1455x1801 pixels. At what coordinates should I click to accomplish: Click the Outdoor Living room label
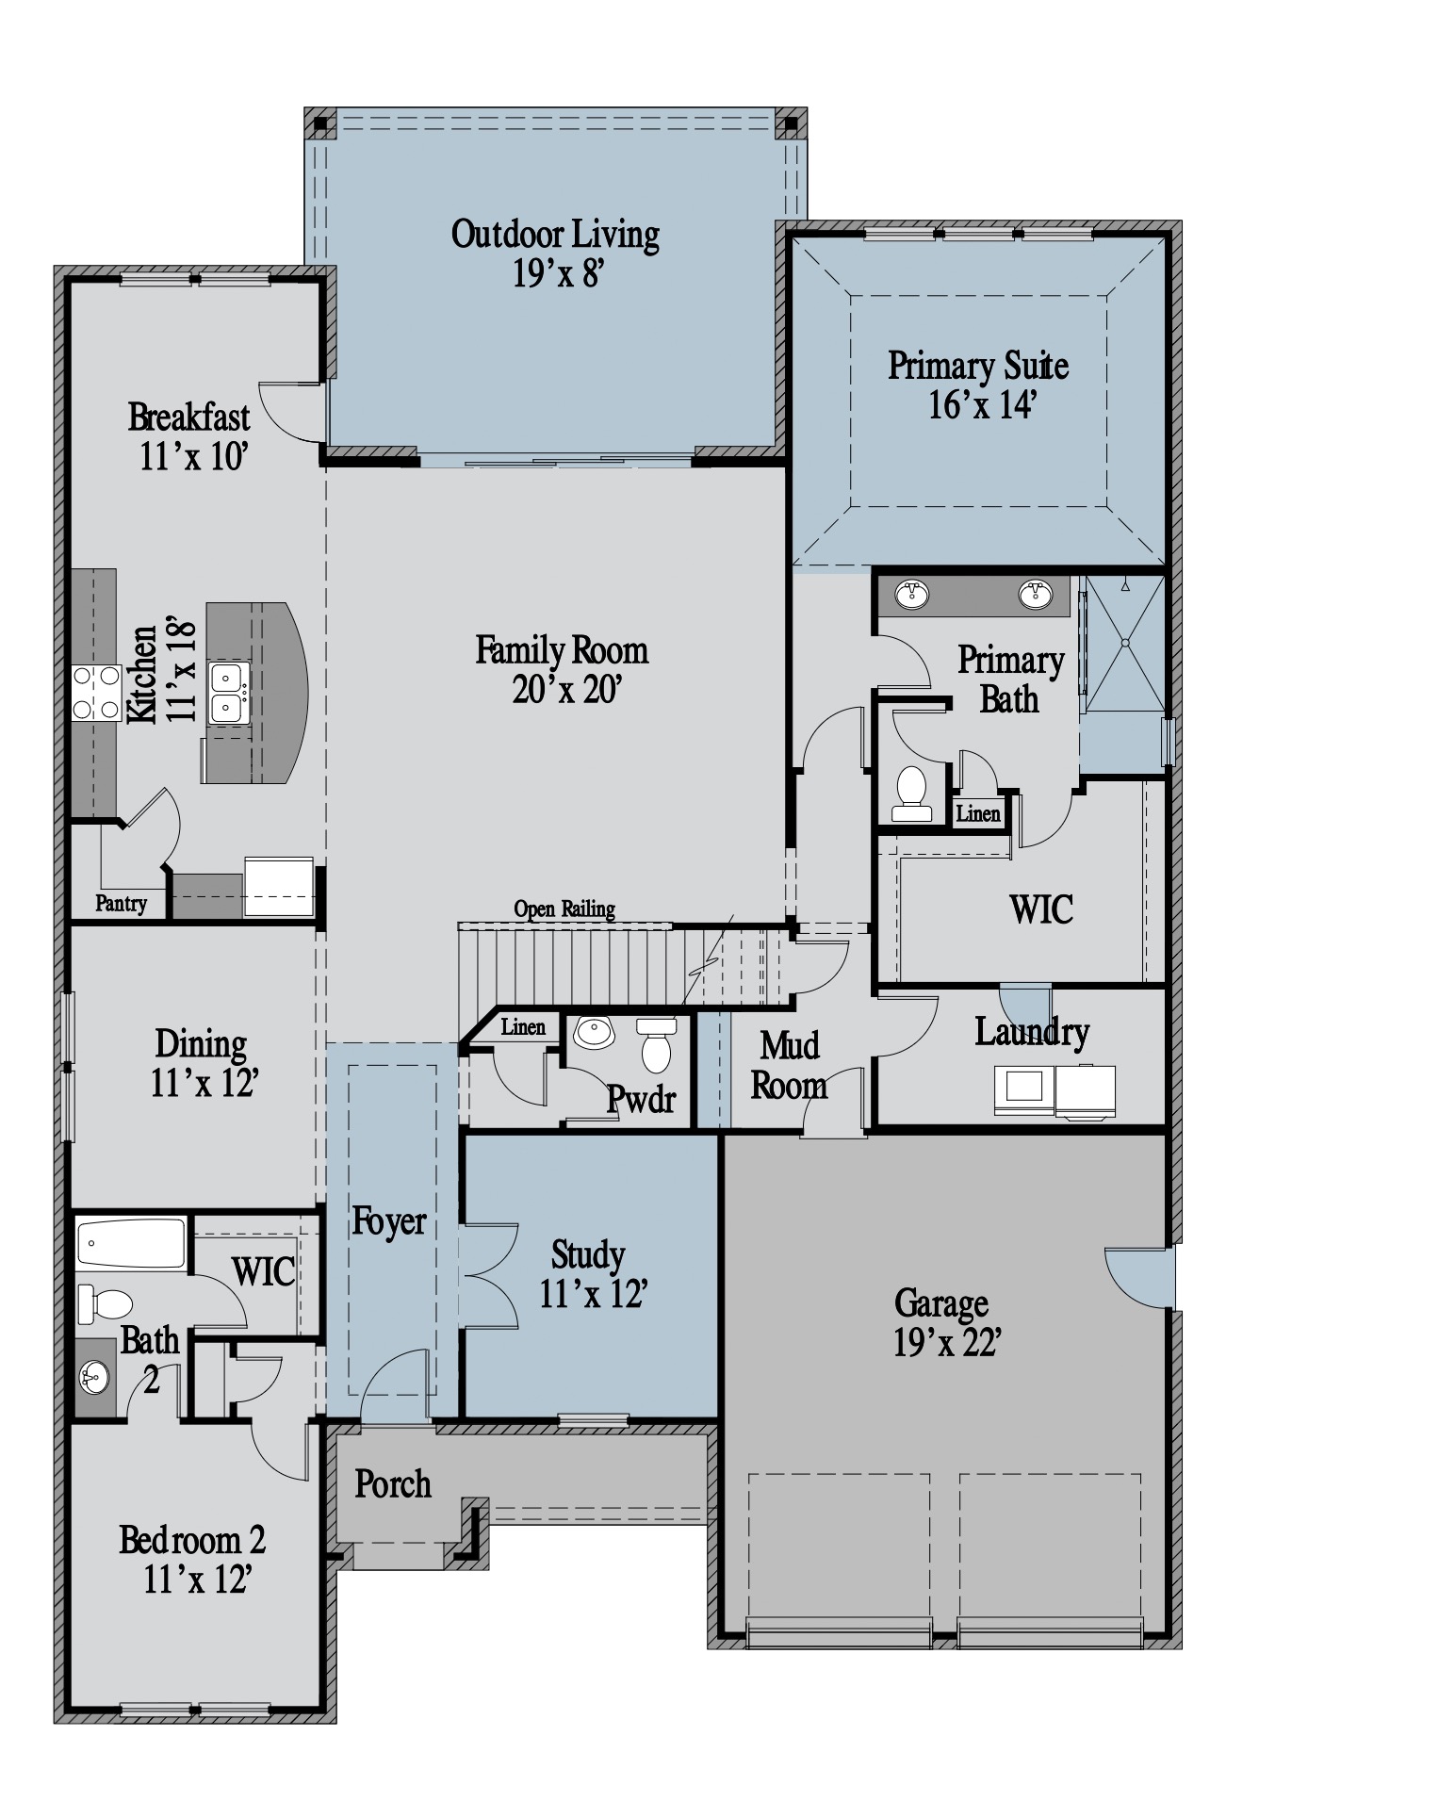click(x=555, y=234)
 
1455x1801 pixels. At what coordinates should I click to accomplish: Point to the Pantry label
click(x=122, y=903)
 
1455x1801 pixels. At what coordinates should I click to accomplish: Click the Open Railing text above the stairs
click(x=564, y=909)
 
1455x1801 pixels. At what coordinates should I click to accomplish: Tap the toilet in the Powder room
click(x=656, y=1045)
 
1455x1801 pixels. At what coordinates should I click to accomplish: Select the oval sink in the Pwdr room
click(x=594, y=1032)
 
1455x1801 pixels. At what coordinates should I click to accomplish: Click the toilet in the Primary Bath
click(x=911, y=794)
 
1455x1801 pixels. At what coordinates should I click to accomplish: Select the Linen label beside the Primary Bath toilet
click(x=978, y=813)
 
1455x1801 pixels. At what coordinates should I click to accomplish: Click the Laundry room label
click(x=1031, y=1032)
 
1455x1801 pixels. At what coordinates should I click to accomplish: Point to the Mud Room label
click(x=789, y=1065)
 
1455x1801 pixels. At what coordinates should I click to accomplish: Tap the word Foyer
click(x=388, y=1221)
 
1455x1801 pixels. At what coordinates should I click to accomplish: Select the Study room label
click(x=588, y=1254)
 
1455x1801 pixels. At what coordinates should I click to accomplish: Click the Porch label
click(x=393, y=1484)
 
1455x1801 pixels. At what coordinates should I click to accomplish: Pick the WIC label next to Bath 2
click(x=264, y=1271)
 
